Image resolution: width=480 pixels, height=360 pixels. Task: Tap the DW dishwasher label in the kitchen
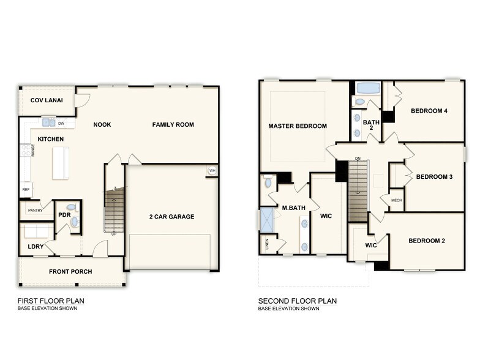(x=61, y=123)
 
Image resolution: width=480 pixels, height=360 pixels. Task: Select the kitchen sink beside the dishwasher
(x=48, y=122)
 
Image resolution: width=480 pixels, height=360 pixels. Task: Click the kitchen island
(x=61, y=163)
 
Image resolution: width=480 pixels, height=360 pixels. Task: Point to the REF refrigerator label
(x=26, y=190)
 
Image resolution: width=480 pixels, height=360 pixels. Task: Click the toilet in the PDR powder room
(x=70, y=208)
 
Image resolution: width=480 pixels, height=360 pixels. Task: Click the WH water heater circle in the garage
(x=212, y=170)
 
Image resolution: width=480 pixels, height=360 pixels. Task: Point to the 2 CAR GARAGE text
(x=171, y=216)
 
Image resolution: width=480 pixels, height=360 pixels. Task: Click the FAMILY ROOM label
(x=173, y=125)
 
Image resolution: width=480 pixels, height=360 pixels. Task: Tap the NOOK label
(x=102, y=125)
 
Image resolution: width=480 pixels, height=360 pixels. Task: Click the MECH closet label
(x=396, y=200)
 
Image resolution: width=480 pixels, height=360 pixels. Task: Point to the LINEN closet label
(x=267, y=244)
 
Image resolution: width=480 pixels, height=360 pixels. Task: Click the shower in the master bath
(x=267, y=220)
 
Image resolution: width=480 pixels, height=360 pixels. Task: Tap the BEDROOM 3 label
(x=434, y=177)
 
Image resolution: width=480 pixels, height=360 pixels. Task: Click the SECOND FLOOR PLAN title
(x=297, y=301)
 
